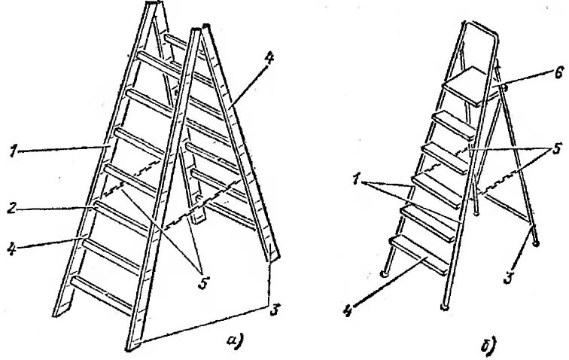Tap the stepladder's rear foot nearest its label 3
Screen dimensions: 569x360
coord(536,243)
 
